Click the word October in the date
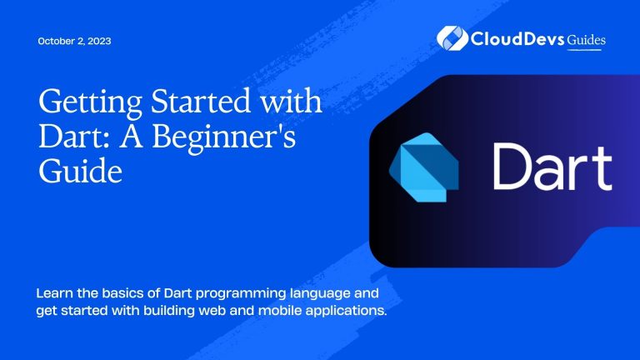click(56, 42)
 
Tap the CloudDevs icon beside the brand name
click(452, 39)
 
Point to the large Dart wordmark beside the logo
click(552, 167)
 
